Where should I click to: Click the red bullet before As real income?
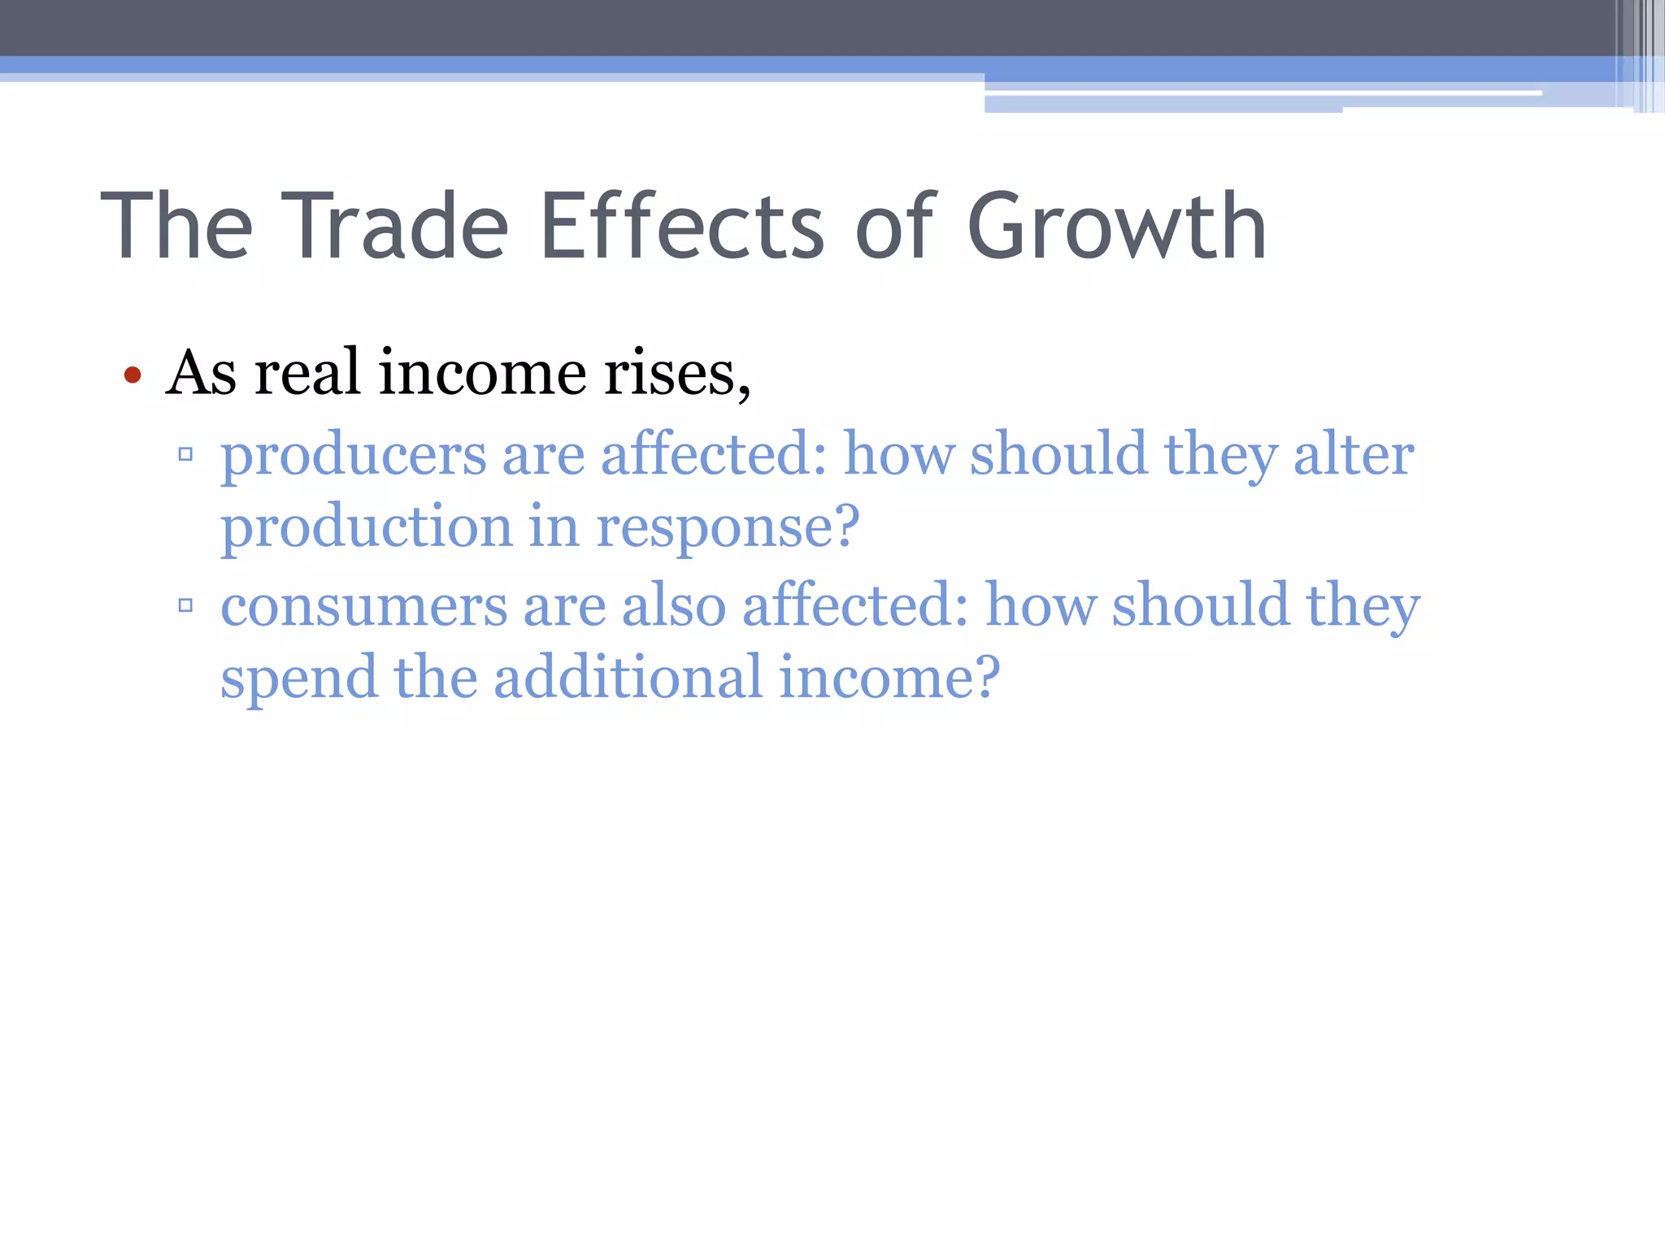133,375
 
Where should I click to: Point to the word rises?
676,373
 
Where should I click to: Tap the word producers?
353,456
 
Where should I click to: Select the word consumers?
363,607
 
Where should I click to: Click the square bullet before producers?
185,454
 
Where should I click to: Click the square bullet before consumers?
185,605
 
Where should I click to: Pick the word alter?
1354,454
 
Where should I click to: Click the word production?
366,527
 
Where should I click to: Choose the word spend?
298,678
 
